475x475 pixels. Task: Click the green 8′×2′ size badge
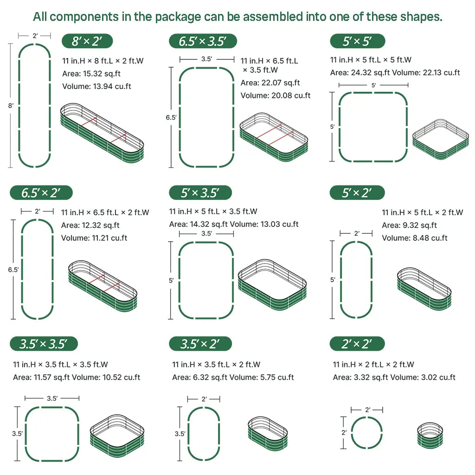coord(87,41)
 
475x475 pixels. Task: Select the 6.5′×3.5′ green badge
coord(203,41)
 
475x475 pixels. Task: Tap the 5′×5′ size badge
coord(358,41)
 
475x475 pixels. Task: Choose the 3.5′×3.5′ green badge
coord(44,344)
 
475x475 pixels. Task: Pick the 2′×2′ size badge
coord(357,344)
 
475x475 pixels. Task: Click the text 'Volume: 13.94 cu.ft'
coord(96,86)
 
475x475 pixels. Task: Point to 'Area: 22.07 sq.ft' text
coord(270,83)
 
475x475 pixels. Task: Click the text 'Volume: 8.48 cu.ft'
coord(415,238)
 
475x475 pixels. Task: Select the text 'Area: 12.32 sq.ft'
coord(90,225)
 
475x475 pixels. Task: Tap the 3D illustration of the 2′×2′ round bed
coord(430,435)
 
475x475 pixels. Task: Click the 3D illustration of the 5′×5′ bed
coord(441,139)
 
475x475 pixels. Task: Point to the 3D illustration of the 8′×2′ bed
coord(102,133)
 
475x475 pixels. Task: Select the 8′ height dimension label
coord(11,106)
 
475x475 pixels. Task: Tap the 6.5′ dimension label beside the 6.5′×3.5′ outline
coord(171,117)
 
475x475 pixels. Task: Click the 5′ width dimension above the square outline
coord(373,85)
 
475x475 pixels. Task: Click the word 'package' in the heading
coord(178,17)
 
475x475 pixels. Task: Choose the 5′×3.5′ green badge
coord(200,193)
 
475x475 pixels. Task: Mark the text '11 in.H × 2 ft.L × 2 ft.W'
coord(373,365)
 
